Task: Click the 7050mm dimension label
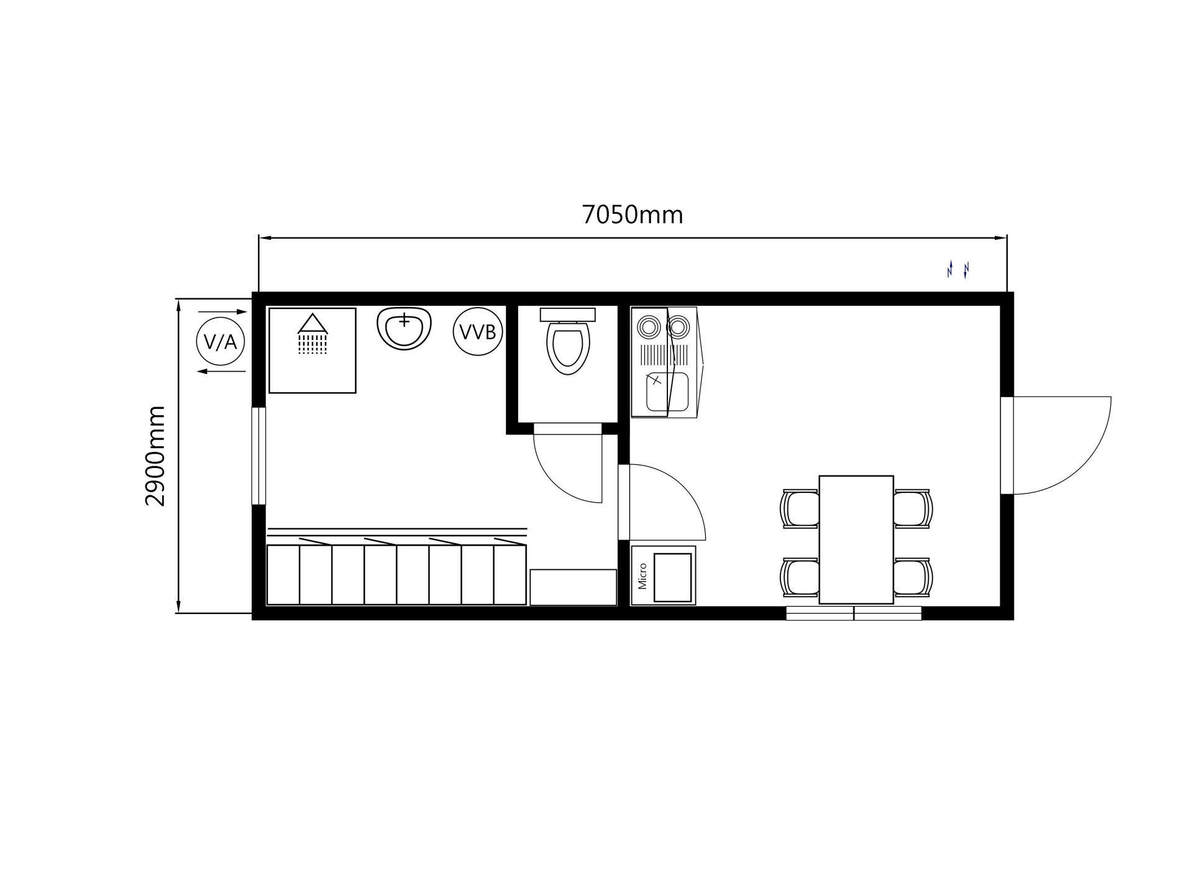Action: pos(632,215)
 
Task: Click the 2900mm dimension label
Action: pos(155,456)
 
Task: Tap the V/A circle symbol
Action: pos(221,341)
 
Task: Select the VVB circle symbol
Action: pos(477,332)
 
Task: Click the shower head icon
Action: pos(313,334)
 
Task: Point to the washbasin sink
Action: pos(405,328)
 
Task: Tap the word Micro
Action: pos(642,576)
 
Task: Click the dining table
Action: pos(856,539)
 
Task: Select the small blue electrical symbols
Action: pos(958,270)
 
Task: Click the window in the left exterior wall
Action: pos(258,456)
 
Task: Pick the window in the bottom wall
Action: pos(854,613)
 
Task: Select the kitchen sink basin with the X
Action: pos(667,392)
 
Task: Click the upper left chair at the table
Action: pos(800,508)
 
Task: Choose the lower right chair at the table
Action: pos(913,577)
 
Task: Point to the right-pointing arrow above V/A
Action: pos(222,311)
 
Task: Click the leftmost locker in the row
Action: pos(283,574)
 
